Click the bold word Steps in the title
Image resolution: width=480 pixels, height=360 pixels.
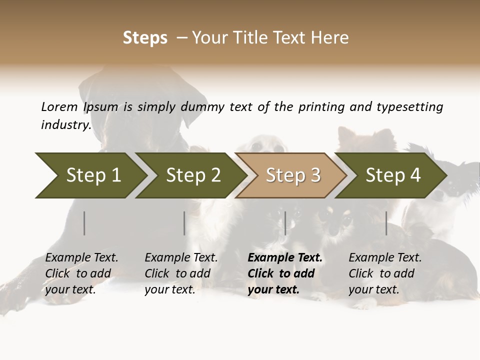click(x=145, y=38)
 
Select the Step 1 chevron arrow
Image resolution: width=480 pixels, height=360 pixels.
click(x=90, y=175)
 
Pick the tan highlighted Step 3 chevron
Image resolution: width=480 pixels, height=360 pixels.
click(x=291, y=175)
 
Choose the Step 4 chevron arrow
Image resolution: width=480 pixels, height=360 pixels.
click(x=391, y=175)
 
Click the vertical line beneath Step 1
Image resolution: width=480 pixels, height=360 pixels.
click(x=84, y=223)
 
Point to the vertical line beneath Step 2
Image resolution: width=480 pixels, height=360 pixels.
click(x=184, y=223)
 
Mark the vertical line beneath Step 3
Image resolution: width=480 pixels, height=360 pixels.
click(x=285, y=223)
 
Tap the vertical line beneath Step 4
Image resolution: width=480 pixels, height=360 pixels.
click(x=386, y=223)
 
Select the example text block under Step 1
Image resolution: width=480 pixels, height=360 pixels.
click(x=81, y=273)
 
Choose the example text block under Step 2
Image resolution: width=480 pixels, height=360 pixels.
click(x=181, y=273)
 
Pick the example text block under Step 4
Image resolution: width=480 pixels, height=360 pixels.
click(x=385, y=273)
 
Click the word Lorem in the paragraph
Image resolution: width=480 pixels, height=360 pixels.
click(x=59, y=107)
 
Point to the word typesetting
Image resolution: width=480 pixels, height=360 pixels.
click(x=409, y=107)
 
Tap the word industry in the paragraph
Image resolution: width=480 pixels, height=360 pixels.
click(x=66, y=125)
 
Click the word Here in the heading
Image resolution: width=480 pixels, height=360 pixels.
click(x=330, y=38)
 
